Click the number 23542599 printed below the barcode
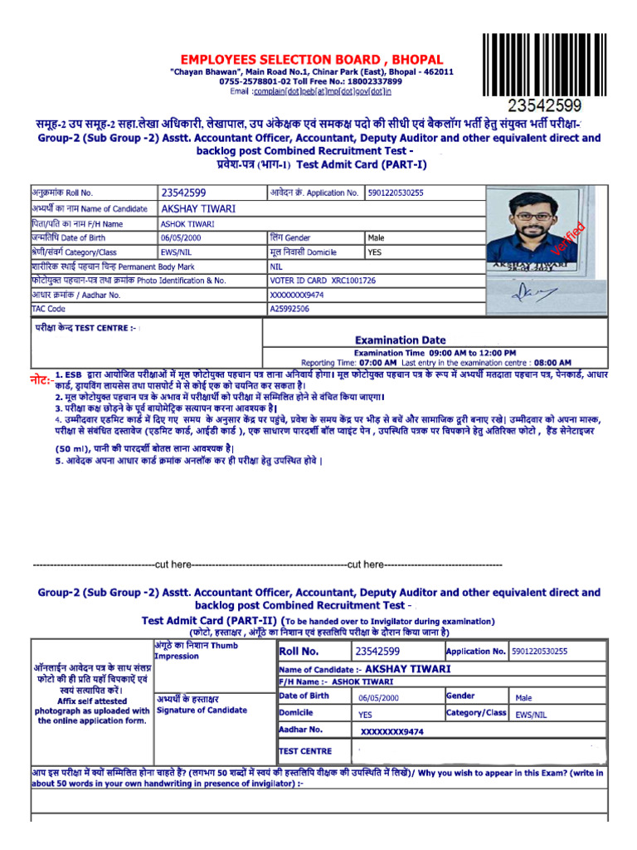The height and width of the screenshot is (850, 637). coord(544,106)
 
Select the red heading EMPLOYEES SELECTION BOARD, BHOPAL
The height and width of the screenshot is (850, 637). coord(312,60)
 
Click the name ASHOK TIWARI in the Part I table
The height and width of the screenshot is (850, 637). coord(187,223)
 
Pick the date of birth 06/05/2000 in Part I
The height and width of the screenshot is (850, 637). coord(182,237)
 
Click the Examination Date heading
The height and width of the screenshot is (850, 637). coord(400,340)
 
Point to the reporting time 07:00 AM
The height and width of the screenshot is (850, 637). coord(377,363)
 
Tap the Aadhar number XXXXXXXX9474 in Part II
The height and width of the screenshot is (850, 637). coord(392,731)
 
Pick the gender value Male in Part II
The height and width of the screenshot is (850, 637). coord(523,698)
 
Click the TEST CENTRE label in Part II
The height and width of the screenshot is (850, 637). coord(305,750)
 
